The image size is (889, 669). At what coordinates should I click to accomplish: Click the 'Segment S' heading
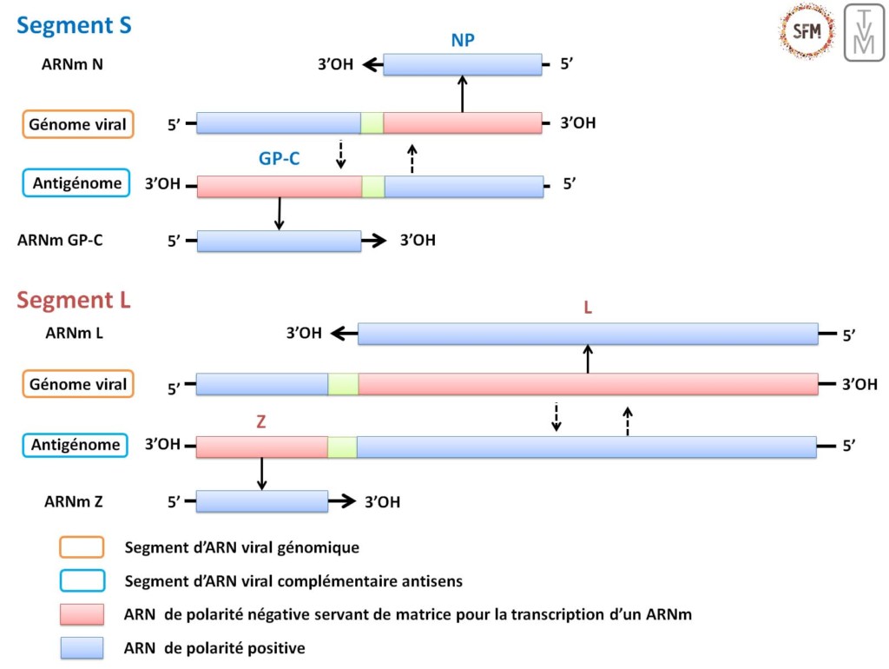75,26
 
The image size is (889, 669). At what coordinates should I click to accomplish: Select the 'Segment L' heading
74,301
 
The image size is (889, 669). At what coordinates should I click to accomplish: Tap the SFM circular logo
807,31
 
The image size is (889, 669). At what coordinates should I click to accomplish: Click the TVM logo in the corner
864,32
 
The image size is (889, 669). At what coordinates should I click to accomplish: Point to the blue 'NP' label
463,40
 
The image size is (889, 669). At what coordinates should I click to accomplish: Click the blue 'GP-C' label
280,158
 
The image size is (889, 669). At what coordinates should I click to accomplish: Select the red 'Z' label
260,422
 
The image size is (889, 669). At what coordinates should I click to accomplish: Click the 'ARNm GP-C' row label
60,241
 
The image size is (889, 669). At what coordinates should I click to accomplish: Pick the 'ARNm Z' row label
74,501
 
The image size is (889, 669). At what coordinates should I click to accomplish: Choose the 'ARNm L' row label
74,332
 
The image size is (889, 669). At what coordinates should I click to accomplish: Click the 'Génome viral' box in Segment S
78,124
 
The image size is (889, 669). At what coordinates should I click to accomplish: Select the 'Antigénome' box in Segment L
76,446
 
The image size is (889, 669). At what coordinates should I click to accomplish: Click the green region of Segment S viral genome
372,123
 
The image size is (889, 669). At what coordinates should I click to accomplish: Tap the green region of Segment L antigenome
342,447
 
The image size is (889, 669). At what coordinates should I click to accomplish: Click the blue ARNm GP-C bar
279,241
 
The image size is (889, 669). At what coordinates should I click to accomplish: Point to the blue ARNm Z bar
261,501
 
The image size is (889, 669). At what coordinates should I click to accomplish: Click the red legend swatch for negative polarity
82,615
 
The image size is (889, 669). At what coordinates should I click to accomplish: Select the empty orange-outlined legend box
82,547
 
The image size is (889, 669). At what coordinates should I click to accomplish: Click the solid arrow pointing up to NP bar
462,93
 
